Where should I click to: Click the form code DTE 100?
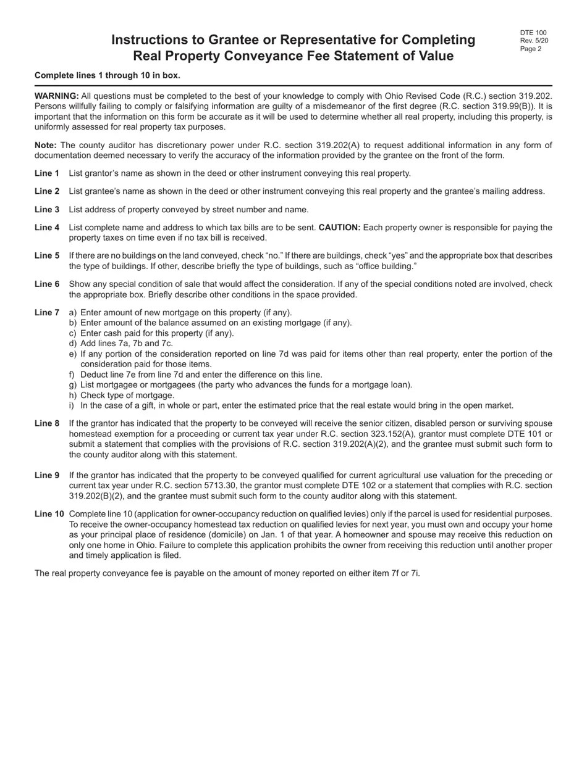pos(533,33)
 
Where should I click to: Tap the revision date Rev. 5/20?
pos(534,41)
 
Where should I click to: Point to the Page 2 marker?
pos(531,49)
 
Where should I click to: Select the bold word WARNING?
pos(56,96)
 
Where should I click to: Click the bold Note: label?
pos(46,145)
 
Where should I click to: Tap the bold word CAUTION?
pos(339,228)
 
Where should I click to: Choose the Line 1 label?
pos(47,173)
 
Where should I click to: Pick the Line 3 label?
pos(47,210)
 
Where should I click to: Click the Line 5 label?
pos(47,255)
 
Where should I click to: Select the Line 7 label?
pos(47,313)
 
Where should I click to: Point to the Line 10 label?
pos(49,514)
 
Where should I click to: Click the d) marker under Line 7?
pos(73,344)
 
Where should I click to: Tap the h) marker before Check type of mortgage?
pos(73,396)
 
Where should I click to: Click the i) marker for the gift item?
pos(72,406)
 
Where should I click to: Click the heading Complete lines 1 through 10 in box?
pos(108,75)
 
